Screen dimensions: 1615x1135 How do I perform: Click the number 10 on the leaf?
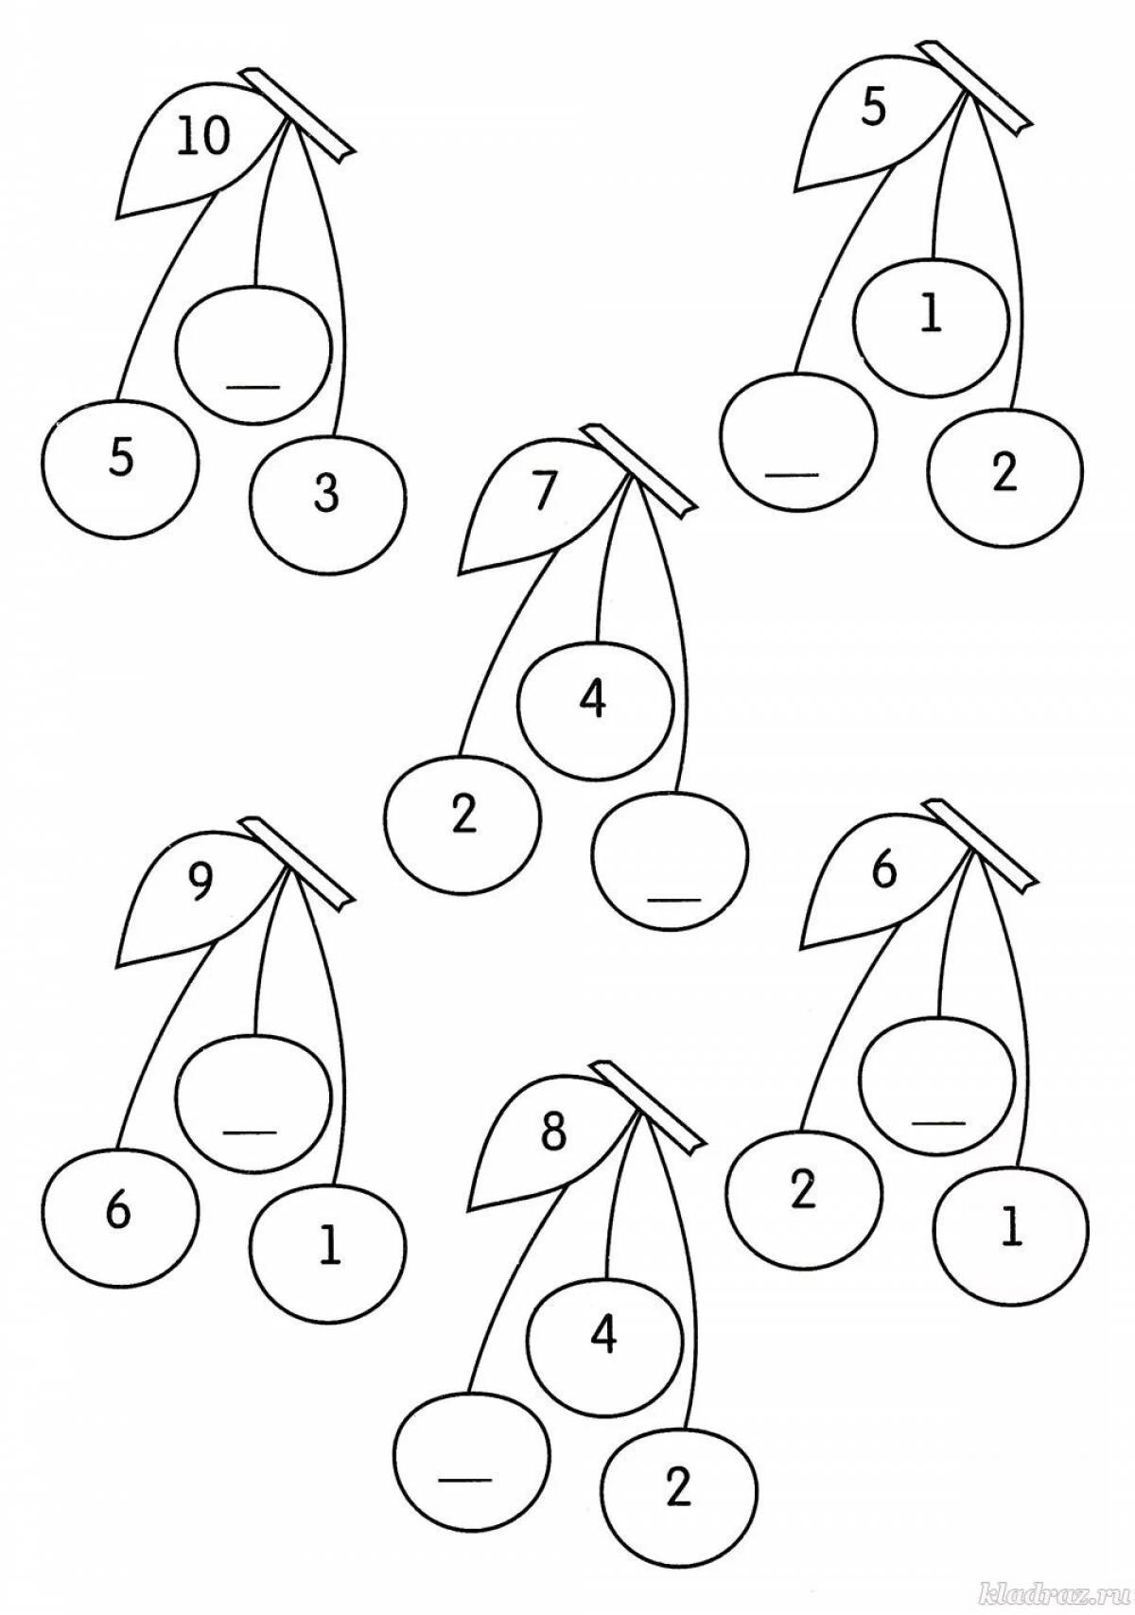[202, 138]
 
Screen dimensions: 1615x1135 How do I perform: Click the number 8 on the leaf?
[554, 1133]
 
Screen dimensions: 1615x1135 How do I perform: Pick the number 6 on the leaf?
[882, 872]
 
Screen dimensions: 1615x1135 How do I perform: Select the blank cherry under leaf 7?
[670, 857]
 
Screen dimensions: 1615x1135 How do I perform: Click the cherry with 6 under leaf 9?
[120, 1213]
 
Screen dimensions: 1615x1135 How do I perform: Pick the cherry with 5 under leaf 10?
[120, 460]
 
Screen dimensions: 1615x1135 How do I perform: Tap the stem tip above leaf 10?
[298, 112]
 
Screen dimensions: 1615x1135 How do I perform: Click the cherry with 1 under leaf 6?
[1010, 1230]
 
